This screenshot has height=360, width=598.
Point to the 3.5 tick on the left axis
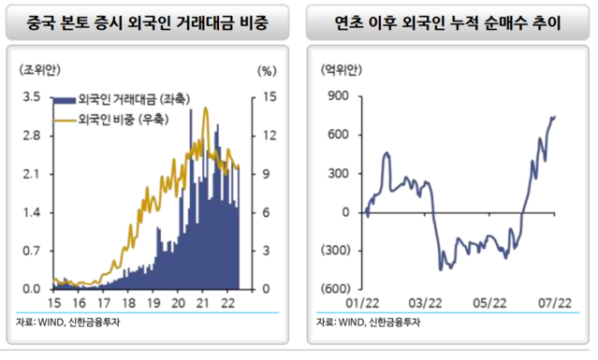(x=32, y=96)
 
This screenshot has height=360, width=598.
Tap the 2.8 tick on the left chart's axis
(x=32, y=135)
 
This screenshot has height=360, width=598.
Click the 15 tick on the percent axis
(x=266, y=96)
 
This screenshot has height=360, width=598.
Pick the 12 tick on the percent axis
(x=266, y=135)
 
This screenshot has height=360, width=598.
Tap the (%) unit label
(x=267, y=70)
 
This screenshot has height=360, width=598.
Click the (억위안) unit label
(x=338, y=70)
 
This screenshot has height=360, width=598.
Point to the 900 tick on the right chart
(x=339, y=96)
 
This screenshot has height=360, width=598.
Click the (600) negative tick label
(x=336, y=288)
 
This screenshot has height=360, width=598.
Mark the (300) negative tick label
(x=336, y=250)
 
